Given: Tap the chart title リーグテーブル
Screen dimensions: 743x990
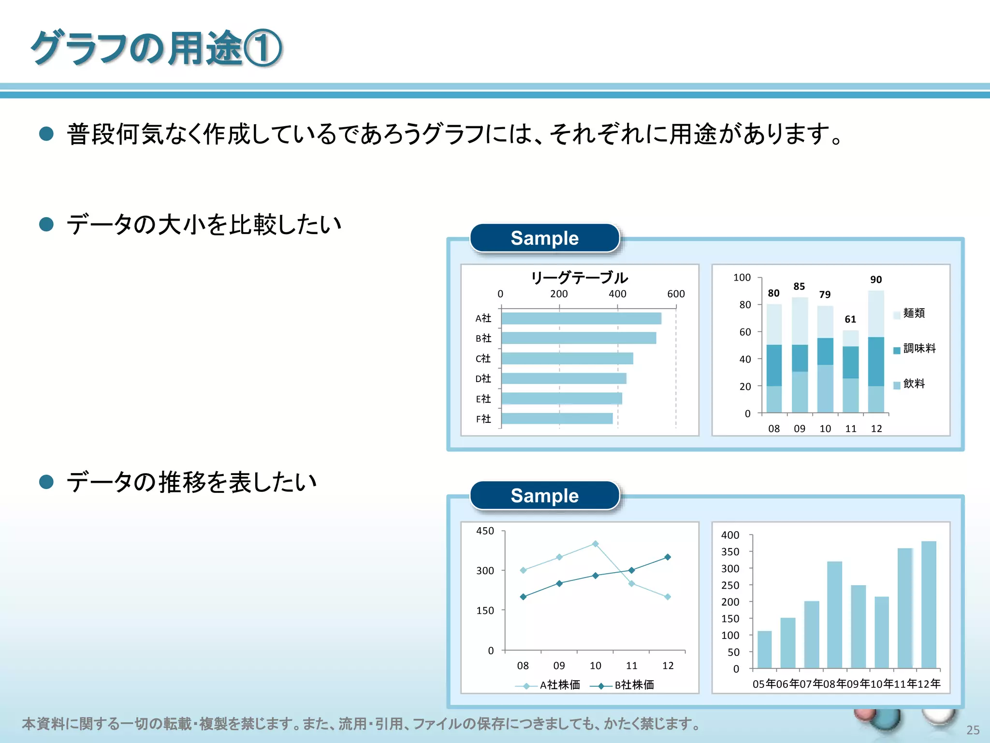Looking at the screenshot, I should point(579,278).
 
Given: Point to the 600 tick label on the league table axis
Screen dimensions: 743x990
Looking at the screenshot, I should point(676,294).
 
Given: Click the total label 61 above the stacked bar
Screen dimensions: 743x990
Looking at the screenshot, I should point(850,319).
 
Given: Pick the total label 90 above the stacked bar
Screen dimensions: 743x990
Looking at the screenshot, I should point(876,280).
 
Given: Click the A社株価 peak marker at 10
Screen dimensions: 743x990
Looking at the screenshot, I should point(596,544).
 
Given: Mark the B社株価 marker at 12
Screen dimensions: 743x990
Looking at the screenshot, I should point(668,557).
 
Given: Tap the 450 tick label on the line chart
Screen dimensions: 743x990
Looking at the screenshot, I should point(485,531).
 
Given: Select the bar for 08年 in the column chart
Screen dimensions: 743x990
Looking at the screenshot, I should point(834,614).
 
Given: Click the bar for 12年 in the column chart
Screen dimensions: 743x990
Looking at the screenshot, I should point(929,604).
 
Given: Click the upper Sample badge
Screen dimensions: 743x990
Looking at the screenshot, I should point(545,238).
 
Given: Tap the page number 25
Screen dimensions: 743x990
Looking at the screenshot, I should point(973,730).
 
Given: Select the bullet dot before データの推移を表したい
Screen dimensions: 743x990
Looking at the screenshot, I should point(46,482).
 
